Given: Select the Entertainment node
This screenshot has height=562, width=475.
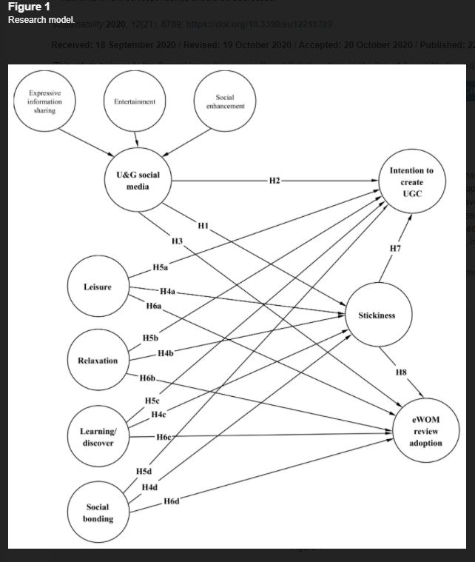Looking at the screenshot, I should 135,101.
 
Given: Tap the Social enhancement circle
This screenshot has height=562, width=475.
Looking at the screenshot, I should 225,101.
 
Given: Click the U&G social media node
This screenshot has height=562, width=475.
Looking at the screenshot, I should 133,181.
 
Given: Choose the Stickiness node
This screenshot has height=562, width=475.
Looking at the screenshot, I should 377,315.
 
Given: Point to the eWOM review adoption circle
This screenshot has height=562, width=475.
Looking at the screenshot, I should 425,432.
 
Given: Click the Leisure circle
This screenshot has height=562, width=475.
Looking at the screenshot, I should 98,287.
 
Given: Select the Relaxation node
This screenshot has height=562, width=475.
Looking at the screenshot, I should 98,361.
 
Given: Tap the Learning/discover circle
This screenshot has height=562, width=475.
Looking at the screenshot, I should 98,437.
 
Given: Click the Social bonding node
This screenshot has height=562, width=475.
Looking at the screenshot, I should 98,512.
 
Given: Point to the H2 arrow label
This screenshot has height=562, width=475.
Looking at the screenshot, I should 274,181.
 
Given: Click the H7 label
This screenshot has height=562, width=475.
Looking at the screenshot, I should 396,248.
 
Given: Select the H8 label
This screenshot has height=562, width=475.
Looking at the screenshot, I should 400,372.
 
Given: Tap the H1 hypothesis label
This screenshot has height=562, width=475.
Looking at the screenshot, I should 203,225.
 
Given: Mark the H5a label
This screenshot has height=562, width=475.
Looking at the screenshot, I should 160,267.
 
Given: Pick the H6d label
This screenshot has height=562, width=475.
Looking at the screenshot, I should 172,501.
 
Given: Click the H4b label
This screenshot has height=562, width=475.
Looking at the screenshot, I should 165,352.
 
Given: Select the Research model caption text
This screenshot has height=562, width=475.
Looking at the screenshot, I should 41,19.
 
